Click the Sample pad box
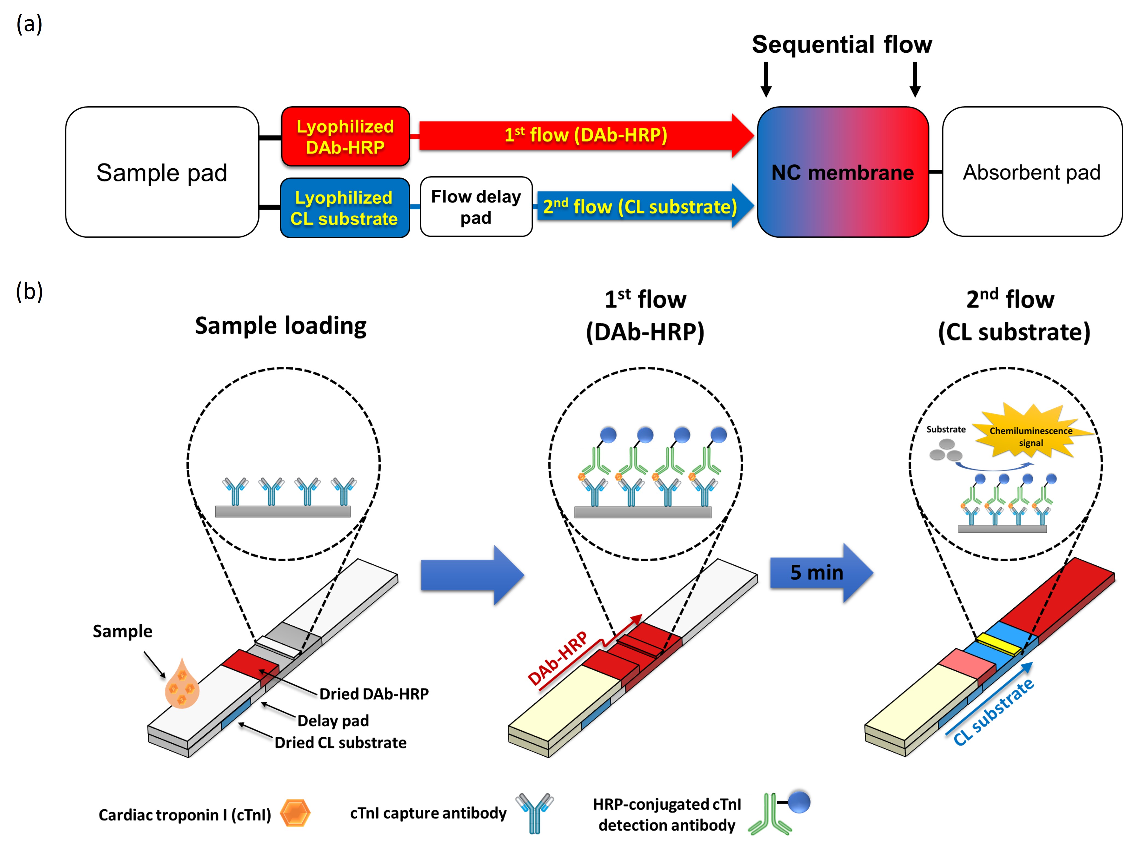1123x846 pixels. tap(162, 172)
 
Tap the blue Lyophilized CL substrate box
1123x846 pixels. tap(345, 208)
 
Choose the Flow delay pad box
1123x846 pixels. tap(476, 207)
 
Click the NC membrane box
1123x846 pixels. tap(843, 172)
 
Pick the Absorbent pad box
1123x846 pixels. tap(1032, 172)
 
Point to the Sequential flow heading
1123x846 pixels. tap(842, 44)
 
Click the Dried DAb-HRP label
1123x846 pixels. tap(374, 694)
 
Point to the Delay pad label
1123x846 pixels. tap(333, 721)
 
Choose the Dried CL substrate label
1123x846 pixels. tap(341, 742)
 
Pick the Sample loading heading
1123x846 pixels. tap(281, 326)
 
